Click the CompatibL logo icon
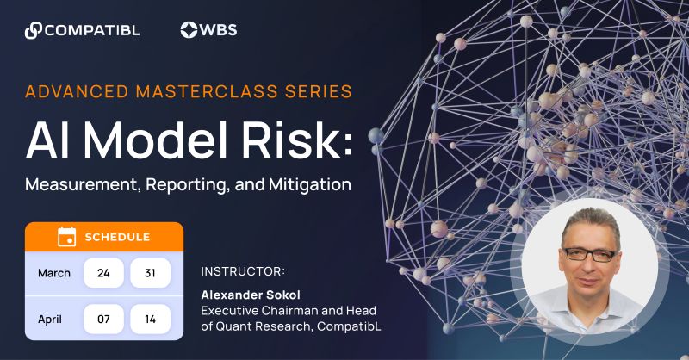tap(34, 30)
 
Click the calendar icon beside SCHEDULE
tap(66, 237)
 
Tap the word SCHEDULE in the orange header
tap(117, 237)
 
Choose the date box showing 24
tap(103, 273)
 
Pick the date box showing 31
tap(150, 273)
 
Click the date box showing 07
tap(103, 319)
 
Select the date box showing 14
tap(150, 319)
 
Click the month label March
tap(54, 273)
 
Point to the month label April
tap(50, 319)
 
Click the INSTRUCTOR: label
tap(242, 271)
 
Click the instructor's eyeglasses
tap(590, 254)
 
